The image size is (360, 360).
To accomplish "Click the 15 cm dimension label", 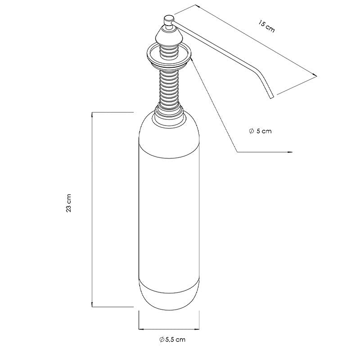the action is click(266, 27).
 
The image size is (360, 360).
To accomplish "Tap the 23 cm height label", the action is click(69, 203).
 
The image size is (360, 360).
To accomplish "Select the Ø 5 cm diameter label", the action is click(260, 131).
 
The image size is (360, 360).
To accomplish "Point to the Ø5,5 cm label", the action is click(172, 340).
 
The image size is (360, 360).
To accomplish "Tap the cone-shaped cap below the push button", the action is click(169, 36).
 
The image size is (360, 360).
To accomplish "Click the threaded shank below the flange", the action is click(169, 89).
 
